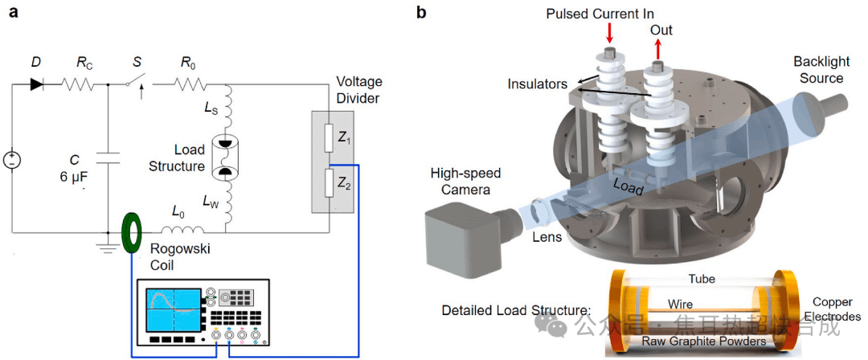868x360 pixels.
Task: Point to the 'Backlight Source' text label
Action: pos(817,69)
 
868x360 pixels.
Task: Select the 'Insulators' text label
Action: pos(536,84)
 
